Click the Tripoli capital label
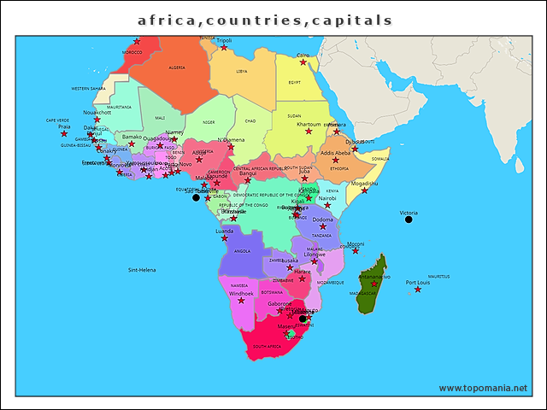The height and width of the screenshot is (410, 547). pyautogui.click(x=224, y=40)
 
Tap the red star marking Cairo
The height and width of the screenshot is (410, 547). pyautogui.click(x=303, y=62)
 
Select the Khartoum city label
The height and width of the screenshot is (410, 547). pyautogui.click(x=308, y=124)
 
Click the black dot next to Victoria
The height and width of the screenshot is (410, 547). pyautogui.click(x=409, y=220)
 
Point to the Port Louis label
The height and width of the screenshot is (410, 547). pyautogui.click(x=417, y=282)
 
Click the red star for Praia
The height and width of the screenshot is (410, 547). pyautogui.click(x=63, y=134)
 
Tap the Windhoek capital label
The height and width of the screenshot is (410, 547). pyautogui.click(x=241, y=293)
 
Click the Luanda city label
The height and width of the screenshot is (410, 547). pyautogui.click(x=224, y=231)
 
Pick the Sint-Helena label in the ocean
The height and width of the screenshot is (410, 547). pyautogui.click(x=142, y=270)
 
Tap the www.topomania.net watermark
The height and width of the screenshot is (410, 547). pyautogui.click(x=483, y=388)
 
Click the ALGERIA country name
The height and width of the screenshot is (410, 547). pyautogui.click(x=177, y=67)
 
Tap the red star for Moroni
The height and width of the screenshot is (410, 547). pyautogui.click(x=356, y=251)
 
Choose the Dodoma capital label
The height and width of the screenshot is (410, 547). pyautogui.click(x=322, y=220)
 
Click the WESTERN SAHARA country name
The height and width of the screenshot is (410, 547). pyautogui.click(x=88, y=88)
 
